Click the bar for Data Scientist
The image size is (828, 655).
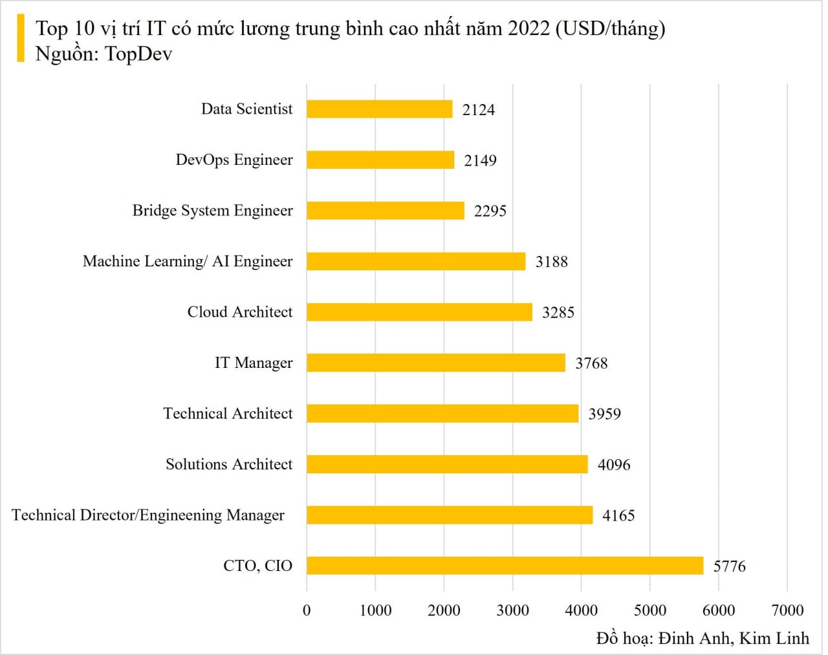tap(379, 109)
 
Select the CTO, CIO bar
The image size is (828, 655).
tap(505, 566)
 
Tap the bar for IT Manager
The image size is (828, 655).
tap(435, 363)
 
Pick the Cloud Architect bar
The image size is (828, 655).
tap(419, 312)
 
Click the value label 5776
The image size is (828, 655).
tap(729, 566)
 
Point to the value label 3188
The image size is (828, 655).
tap(551, 262)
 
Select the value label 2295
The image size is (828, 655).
tap(490, 211)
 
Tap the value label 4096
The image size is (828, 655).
tap(613, 465)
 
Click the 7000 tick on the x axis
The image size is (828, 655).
tap(787, 610)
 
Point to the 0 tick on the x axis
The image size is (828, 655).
tap(307, 610)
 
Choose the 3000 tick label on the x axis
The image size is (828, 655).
tap(512, 610)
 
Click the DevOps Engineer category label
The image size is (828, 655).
tap(234, 160)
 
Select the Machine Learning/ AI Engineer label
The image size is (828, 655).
tap(188, 261)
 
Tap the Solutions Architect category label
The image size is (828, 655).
tap(229, 464)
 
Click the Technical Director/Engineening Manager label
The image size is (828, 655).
tap(148, 515)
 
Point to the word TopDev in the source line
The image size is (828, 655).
tap(138, 54)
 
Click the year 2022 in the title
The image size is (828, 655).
tap(528, 28)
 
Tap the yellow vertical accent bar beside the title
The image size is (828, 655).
tap(21, 39)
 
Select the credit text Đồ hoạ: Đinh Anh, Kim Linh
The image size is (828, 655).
tap(703, 639)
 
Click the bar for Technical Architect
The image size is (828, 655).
tap(442, 414)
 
